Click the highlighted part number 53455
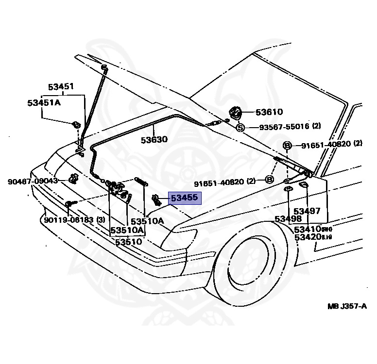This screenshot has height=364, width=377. tap(184, 198)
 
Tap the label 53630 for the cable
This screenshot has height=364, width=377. tap(154, 140)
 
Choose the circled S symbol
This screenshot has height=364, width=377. tap(240, 128)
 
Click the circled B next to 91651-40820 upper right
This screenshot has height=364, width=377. tap(287, 145)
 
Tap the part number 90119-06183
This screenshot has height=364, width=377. tap(68, 220)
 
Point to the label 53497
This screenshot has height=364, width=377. tap(307, 211)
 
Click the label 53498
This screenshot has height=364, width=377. tap(288, 219)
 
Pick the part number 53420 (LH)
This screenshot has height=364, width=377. tap(308, 237)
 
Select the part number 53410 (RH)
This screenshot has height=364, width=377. tap(308, 229)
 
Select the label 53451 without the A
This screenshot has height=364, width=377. tap(60, 87)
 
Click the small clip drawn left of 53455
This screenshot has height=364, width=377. tap(156, 199)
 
